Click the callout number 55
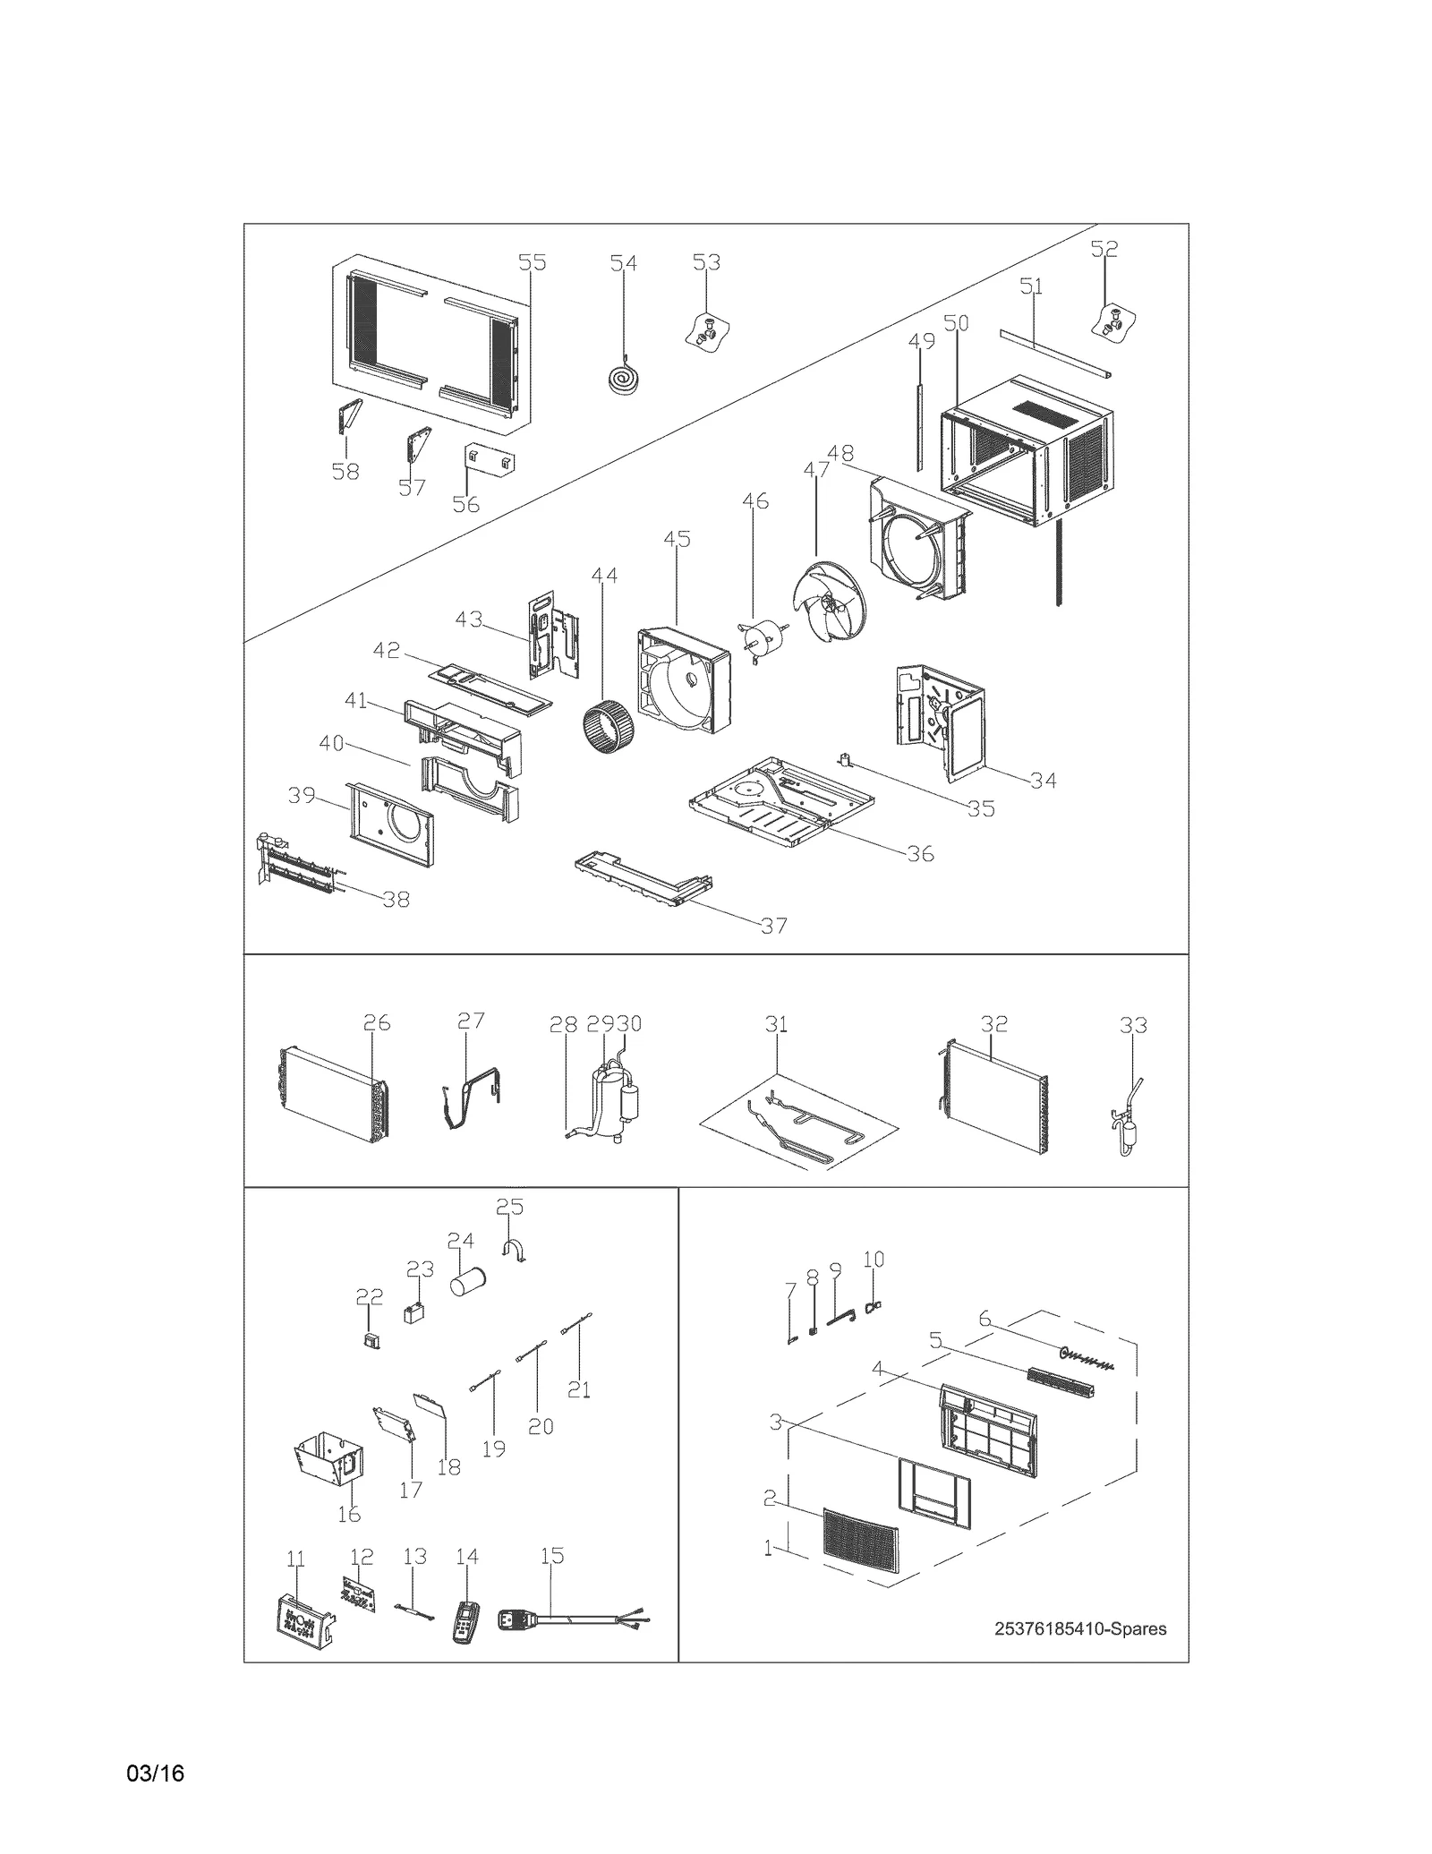coord(532,262)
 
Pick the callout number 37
coord(773,925)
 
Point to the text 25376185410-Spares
coord(1079,1628)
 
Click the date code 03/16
coord(156,1773)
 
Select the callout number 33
coord(1133,1025)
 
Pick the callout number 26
coord(377,1022)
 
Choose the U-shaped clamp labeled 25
coord(514,1251)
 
